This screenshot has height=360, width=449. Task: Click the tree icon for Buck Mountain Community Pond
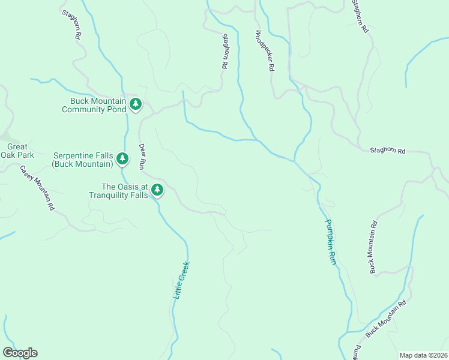136,104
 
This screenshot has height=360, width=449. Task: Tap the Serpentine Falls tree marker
122,158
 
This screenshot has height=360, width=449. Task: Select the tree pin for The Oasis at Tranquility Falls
157,190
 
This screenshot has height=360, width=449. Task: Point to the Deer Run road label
143,155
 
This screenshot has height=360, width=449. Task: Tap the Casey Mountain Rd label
37,188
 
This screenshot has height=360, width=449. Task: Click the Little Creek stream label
181,280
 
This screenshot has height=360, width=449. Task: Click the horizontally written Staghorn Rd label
388,151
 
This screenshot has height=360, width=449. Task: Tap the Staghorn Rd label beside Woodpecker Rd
225,52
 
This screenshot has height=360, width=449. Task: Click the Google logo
20,353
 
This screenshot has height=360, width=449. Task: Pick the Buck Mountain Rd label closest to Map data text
386,318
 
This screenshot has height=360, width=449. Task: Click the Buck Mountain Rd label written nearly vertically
373,248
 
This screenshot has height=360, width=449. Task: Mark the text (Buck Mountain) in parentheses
82,164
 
